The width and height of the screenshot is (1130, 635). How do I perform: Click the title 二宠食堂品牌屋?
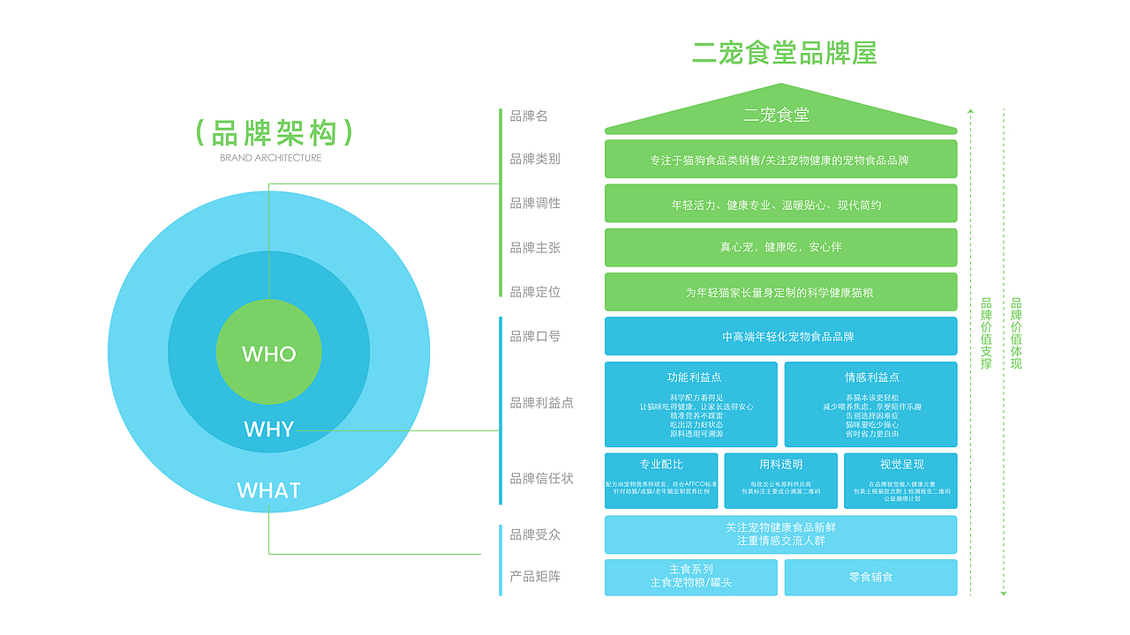pos(784,53)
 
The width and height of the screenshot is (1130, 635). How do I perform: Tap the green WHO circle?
pos(269,354)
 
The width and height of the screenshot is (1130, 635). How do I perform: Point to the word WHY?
pos(269,430)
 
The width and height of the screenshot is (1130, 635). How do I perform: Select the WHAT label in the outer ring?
pos(269,490)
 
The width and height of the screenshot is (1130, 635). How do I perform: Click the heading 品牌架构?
pos(275,133)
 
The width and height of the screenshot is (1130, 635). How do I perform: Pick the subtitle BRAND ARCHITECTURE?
pos(271,158)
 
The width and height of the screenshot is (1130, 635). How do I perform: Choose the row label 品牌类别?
pos(535,159)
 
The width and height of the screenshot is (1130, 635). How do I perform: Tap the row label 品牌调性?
pos(535,203)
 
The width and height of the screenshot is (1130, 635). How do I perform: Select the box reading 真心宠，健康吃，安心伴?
pos(780,248)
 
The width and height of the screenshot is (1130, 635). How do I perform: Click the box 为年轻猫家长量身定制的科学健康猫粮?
pos(780,292)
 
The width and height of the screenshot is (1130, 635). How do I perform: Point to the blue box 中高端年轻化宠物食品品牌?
pos(780,337)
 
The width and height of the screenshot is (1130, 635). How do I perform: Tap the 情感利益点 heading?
pos(871,377)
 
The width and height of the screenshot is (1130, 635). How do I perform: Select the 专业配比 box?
pos(661,481)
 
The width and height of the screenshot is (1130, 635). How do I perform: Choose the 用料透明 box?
pos(780,481)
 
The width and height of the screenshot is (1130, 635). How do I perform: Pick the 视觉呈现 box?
pos(900,481)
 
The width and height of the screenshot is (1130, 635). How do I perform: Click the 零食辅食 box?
pos(870,577)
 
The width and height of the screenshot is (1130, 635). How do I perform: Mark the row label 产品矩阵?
pos(535,577)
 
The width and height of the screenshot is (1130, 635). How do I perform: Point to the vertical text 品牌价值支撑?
pos(986,333)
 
